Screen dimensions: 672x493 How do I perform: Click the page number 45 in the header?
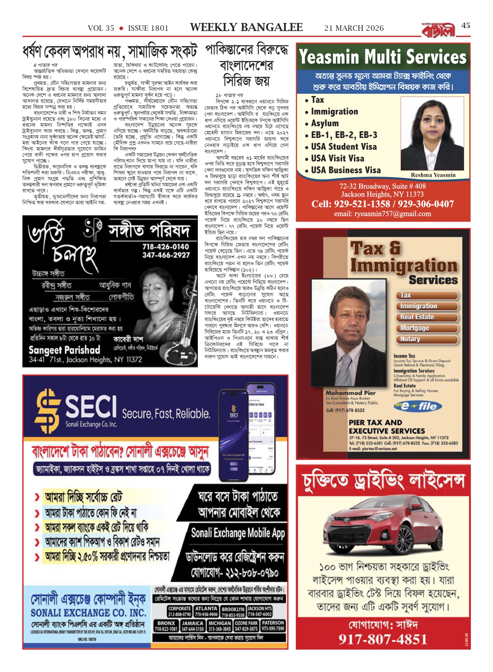(466, 26)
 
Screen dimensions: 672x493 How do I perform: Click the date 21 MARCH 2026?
(354, 28)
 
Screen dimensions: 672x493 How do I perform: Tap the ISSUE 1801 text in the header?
(148, 28)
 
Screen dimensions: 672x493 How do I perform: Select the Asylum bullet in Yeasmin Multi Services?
(324, 123)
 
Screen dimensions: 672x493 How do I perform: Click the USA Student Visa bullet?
(344, 147)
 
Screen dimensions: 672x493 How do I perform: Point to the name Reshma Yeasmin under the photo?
(433, 175)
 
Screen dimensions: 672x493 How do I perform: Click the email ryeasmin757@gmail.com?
(382, 214)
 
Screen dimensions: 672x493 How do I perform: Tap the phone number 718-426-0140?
(166, 247)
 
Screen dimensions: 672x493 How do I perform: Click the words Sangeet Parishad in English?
(64, 350)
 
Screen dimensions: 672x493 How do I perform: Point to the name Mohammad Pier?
(350, 393)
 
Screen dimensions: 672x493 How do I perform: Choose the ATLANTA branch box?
(206, 611)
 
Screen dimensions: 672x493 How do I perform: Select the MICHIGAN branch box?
(220, 626)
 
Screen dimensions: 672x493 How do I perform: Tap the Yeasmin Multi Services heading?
(382, 57)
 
